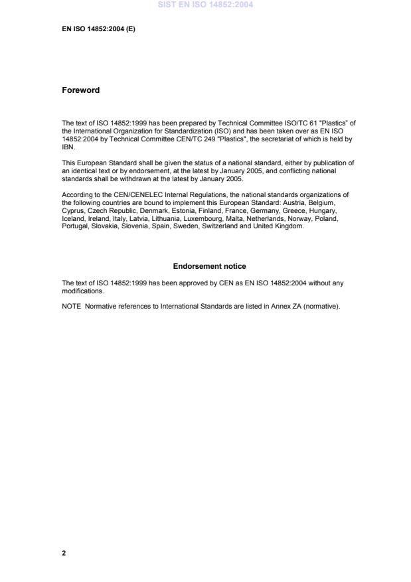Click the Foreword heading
point(80,90)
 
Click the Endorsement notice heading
point(209,266)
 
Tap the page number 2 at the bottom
point(64,552)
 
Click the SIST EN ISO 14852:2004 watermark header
point(205,5)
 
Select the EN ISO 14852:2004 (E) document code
point(98,29)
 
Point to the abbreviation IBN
point(68,147)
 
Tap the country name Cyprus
point(72,207)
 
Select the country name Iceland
point(73,219)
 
